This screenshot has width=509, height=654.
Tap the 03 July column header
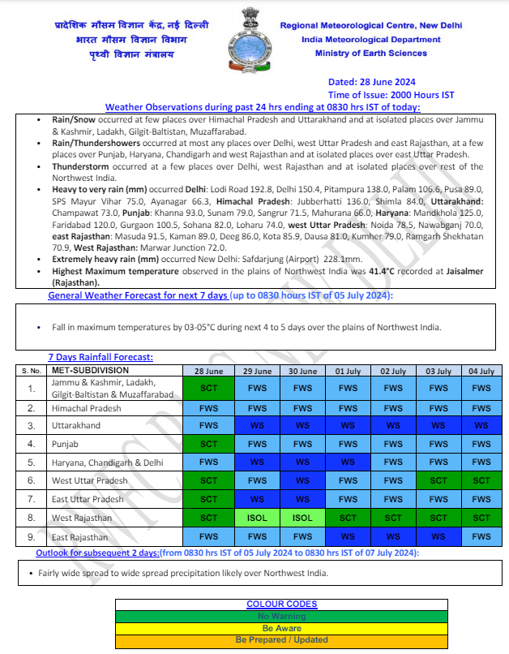click(438, 371)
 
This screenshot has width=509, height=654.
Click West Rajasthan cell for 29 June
click(257, 517)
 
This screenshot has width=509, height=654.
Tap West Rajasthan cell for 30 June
click(302, 517)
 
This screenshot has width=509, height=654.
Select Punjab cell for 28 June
click(208, 444)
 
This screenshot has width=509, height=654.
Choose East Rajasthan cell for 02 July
click(392, 536)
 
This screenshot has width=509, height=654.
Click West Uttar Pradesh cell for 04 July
click(481, 480)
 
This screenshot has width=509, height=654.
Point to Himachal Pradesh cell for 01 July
click(348, 408)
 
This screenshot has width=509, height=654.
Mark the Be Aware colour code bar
click(281, 628)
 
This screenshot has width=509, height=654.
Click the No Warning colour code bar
click(281, 617)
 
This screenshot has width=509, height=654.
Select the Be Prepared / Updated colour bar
click(281, 639)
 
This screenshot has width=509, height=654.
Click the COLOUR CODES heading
click(281, 605)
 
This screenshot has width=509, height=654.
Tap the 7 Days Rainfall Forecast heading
click(101, 357)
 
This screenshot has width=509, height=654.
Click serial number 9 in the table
click(31, 536)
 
